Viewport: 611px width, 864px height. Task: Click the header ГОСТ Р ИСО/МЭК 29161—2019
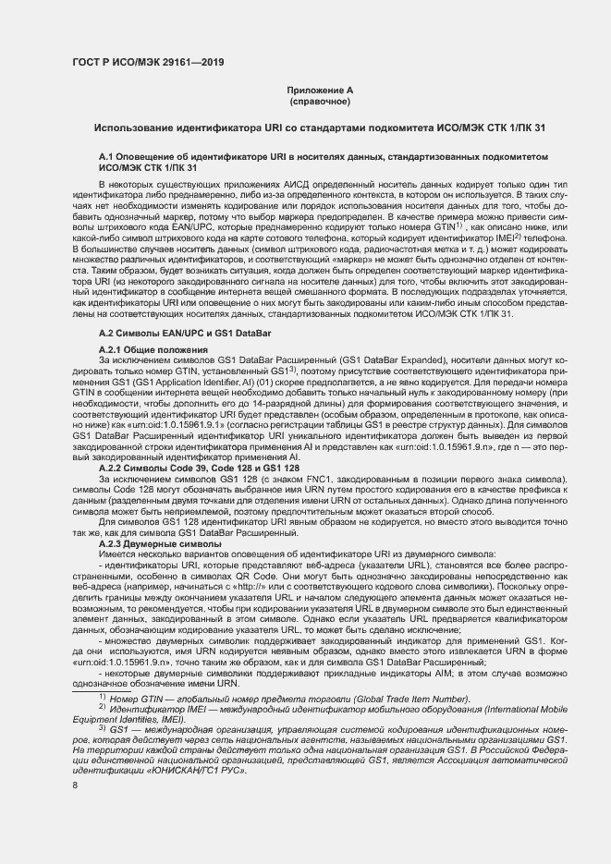tap(147, 64)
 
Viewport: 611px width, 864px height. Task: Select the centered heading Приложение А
tap(318, 90)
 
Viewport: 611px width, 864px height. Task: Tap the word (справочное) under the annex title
tap(318, 101)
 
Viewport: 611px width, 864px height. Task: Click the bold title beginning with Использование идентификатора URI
tap(318, 126)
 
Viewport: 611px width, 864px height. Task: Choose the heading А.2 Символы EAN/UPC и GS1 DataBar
tap(180, 331)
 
